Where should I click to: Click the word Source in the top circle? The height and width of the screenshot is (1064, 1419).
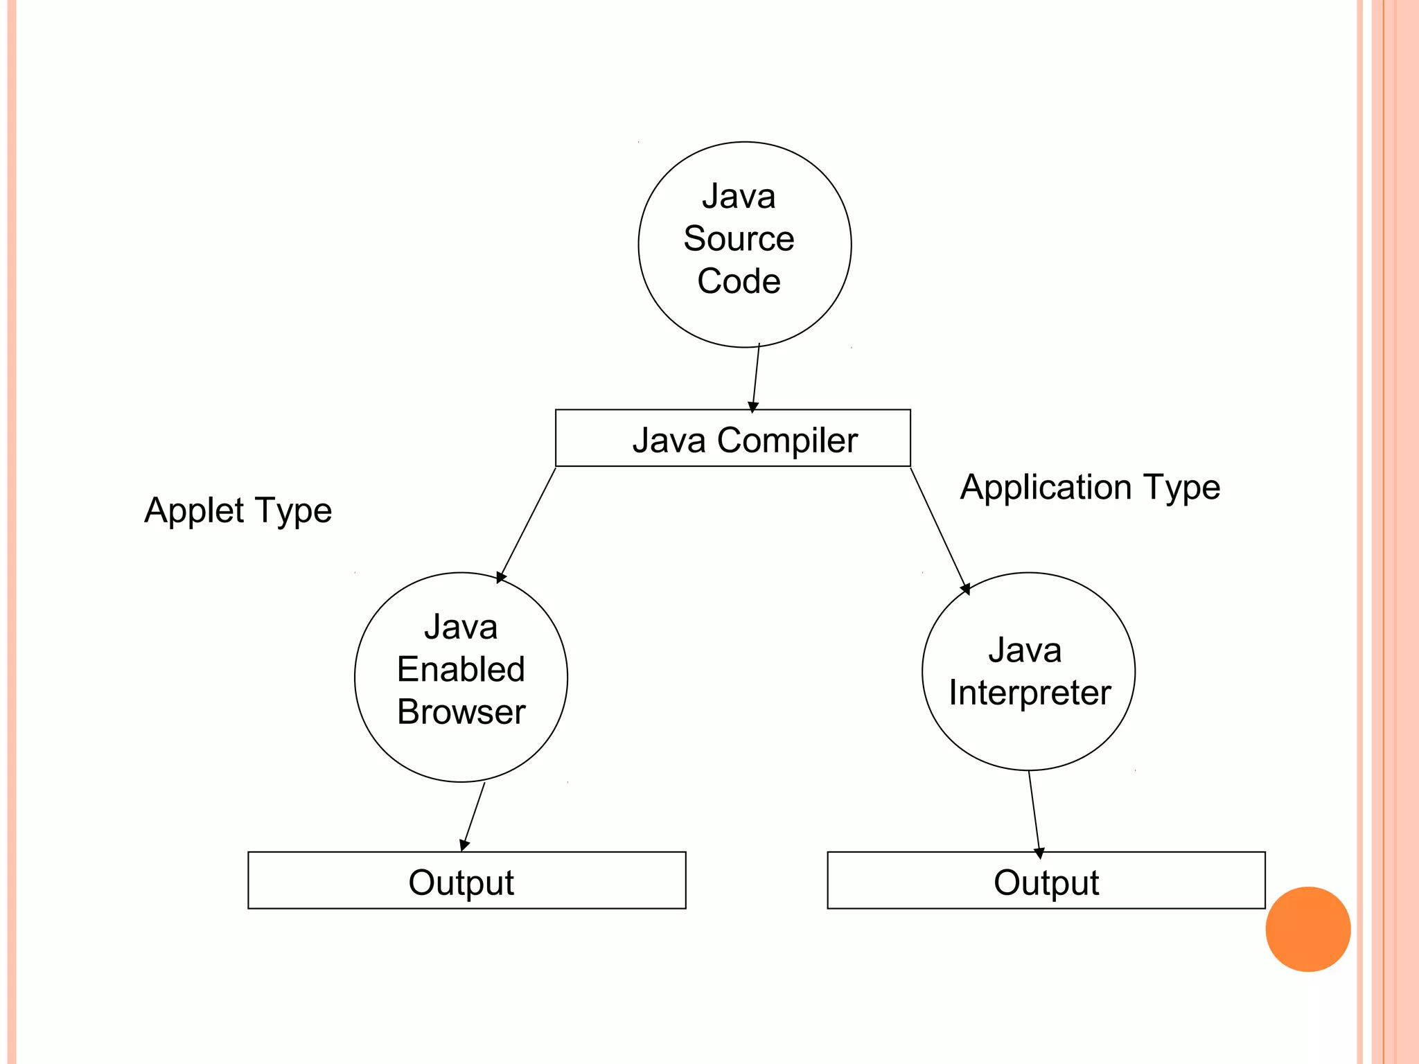(x=739, y=239)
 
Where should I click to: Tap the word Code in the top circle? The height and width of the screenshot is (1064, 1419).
(x=739, y=281)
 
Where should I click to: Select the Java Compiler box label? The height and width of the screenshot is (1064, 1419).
(x=744, y=441)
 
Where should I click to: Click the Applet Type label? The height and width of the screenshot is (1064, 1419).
(x=238, y=511)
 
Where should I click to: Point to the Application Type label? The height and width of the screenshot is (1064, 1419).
(x=1089, y=487)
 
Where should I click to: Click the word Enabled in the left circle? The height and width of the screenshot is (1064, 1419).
(x=461, y=670)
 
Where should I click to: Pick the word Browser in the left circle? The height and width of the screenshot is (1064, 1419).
(x=461, y=712)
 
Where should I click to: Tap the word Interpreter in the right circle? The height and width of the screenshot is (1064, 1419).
(x=1030, y=693)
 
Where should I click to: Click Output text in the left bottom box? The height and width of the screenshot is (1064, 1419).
(x=461, y=883)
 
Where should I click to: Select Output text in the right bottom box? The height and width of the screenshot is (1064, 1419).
(x=1046, y=883)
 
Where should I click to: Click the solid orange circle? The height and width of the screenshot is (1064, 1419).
(x=1307, y=929)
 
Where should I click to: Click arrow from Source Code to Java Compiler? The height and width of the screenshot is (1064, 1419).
(x=756, y=378)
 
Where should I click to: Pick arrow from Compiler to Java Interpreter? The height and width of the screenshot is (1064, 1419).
(x=938, y=529)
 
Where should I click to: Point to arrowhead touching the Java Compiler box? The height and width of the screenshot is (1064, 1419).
(x=753, y=407)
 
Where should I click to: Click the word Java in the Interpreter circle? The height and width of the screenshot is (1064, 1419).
(x=1024, y=650)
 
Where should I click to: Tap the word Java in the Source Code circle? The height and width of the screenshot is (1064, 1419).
(x=739, y=196)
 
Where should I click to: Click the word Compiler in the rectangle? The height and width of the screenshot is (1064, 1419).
(x=787, y=441)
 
